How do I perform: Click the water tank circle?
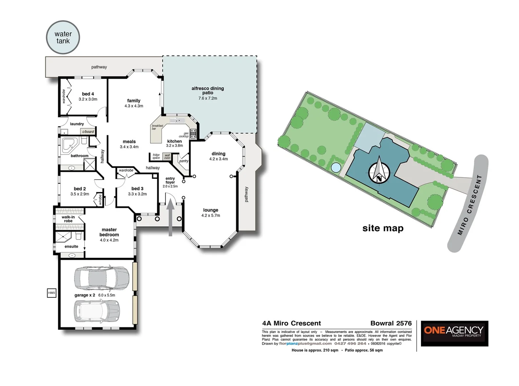pyautogui.click(x=63, y=37)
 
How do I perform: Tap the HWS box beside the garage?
pyautogui.click(x=51, y=293)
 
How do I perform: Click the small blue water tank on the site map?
pyautogui.click(x=336, y=167)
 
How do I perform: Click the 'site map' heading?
pyautogui.click(x=383, y=228)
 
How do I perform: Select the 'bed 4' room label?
pyautogui.click(x=88, y=94)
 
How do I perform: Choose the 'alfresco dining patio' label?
pyautogui.click(x=208, y=90)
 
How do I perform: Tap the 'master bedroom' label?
pyautogui.click(x=109, y=232)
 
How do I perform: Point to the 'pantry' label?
pyautogui.click(x=184, y=161)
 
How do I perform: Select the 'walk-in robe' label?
pyautogui.click(x=68, y=219)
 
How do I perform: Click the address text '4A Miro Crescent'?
pyautogui.click(x=291, y=323)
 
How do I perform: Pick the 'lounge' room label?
pyautogui.click(x=211, y=210)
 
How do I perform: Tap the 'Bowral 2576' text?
pyautogui.click(x=391, y=323)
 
